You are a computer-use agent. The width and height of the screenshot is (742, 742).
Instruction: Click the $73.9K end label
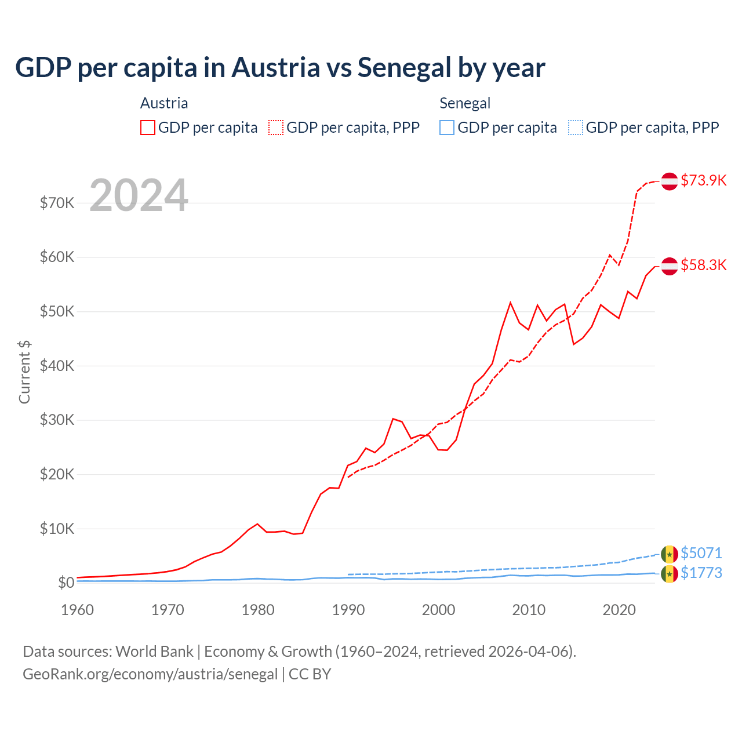coord(703,180)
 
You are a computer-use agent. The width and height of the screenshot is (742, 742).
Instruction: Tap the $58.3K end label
coord(703,265)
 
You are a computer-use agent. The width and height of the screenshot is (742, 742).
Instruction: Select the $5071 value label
coord(701,553)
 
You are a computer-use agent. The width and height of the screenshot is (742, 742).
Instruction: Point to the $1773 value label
coord(701,573)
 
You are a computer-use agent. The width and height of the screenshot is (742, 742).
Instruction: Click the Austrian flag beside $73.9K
coord(670,181)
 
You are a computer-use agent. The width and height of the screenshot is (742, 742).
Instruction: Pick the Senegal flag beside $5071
coord(670,554)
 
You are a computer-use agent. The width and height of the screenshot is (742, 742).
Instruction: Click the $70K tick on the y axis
coord(57,203)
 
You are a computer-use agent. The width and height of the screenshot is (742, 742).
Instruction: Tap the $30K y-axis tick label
coord(57,420)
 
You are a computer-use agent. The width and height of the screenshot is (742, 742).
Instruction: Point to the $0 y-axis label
coord(66,583)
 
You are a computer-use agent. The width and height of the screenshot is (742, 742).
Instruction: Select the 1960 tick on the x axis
coord(77,610)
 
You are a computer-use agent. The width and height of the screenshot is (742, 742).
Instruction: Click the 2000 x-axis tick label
coord(439,610)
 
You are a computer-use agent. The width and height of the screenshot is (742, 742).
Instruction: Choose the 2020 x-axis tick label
coord(619,610)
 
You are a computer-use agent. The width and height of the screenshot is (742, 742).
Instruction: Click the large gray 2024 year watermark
coord(139,195)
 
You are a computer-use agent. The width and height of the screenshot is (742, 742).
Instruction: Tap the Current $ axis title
coord(24,372)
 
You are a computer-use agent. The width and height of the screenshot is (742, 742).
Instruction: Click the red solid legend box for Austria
coord(148,128)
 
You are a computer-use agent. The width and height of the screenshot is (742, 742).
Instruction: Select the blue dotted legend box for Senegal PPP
coord(576,128)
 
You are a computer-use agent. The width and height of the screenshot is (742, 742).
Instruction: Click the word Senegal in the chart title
coord(404,67)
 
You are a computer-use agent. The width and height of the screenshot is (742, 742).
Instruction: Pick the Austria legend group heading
coord(164,103)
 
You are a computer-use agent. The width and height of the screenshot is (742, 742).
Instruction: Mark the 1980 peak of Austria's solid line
coord(257,524)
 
